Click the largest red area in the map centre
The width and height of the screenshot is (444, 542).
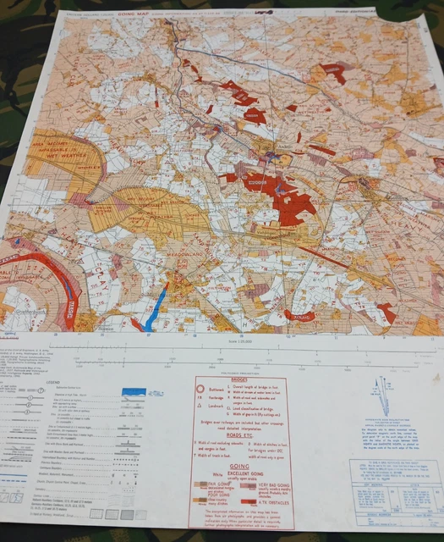tap(285, 200)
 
